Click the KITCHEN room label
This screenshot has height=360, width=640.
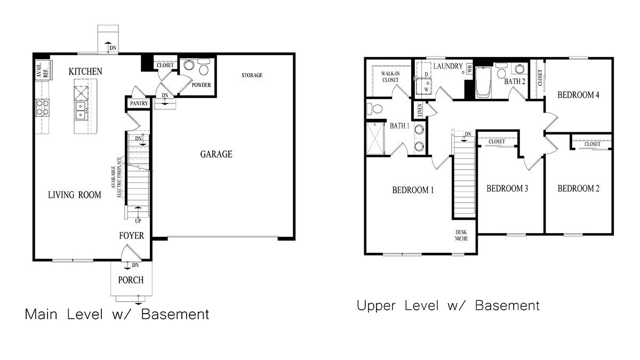(85, 71)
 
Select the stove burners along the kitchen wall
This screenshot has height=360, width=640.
(42, 107)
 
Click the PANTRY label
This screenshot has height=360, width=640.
(138, 103)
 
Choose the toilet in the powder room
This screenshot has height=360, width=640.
(203, 69)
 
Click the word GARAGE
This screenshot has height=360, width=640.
(216, 155)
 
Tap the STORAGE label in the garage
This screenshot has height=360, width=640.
(252, 75)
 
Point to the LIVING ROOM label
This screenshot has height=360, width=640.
(75, 195)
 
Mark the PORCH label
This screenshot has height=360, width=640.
(131, 280)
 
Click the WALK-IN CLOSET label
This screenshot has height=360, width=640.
(390, 76)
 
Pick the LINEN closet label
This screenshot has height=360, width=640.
(420, 110)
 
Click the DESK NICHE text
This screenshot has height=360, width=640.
(461, 235)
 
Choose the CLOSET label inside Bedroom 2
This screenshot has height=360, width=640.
(592, 144)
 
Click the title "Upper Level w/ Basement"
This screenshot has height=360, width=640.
(448, 306)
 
